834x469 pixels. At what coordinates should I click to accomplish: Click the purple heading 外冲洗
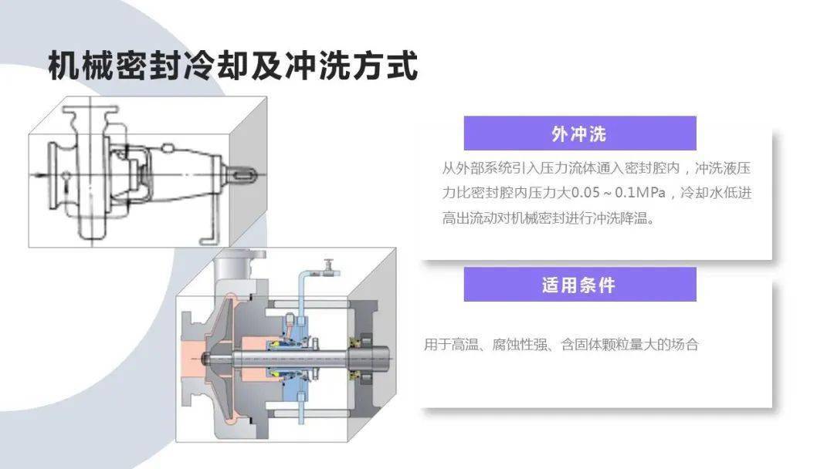(579, 134)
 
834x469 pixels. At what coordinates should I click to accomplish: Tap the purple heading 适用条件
(579, 285)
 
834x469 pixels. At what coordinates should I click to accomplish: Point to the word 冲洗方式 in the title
(351, 66)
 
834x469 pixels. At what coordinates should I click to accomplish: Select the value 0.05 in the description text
(585, 192)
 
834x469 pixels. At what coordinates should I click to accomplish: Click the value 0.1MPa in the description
(640, 192)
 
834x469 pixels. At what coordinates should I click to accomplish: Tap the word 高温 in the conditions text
(465, 345)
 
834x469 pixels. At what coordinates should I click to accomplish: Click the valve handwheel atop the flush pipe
(330, 264)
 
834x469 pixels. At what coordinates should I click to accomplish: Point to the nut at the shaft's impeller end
(206, 358)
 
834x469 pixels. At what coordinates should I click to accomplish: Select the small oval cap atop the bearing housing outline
(168, 148)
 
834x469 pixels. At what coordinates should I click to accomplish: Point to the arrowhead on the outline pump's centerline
(39, 174)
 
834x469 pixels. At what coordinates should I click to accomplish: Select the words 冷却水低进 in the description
(716, 192)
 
